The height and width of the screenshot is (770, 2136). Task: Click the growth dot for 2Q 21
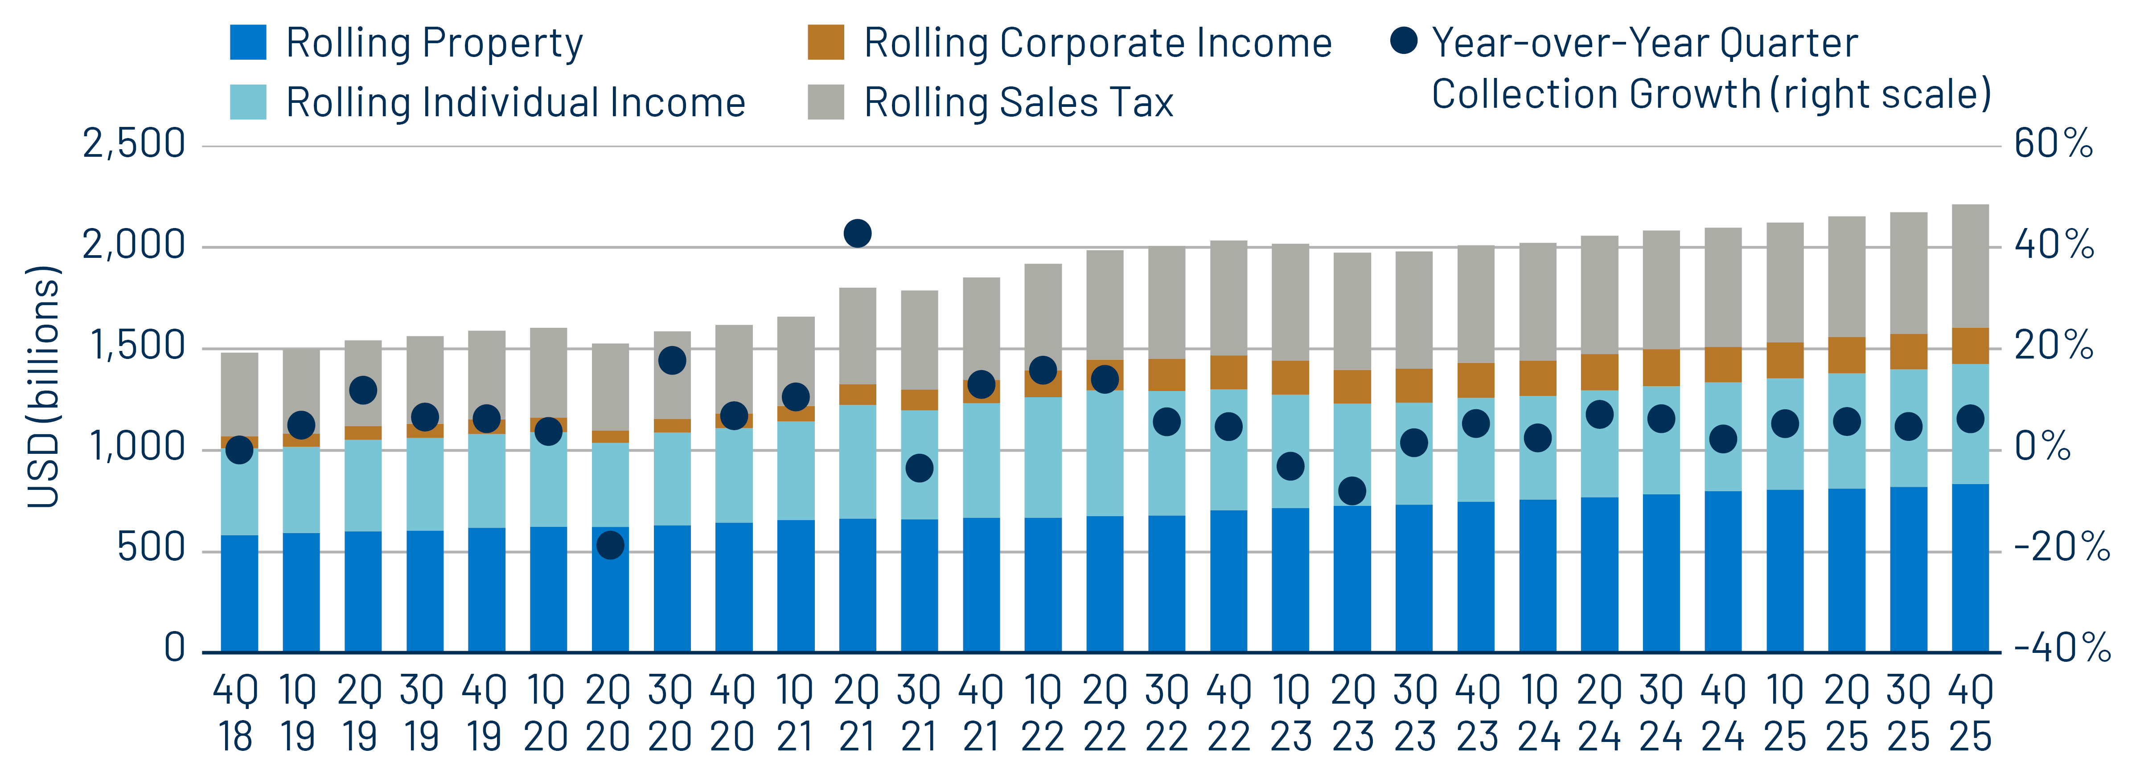pyautogui.click(x=857, y=234)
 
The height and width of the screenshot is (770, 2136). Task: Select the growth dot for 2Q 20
pyautogui.click(x=610, y=546)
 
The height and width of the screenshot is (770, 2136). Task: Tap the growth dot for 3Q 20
pyautogui.click(x=672, y=361)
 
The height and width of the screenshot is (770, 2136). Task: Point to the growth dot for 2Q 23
pyautogui.click(x=1351, y=491)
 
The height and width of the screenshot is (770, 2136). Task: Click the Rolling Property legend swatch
pyautogui.click(x=248, y=42)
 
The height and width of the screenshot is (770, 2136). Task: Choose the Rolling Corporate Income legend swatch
pyautogui.click(x=826, y=42)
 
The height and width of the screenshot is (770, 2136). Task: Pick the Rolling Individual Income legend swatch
pyautogui.click(x=248, y=102)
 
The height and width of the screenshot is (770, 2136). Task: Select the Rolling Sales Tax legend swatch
pyautogui.click(x=826, y=102)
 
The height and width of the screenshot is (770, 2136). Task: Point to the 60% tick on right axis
pyautogui.click(x=2053, y=144)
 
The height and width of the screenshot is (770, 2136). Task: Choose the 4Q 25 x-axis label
pyautogui.click(x=1970, y=713)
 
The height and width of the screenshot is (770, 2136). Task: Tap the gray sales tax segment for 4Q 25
pyautogui.click(x=1970, y=265)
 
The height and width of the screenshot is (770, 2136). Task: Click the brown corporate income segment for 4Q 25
pyautogui.click(x=1970, y=346)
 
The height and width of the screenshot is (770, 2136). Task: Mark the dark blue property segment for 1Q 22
pyautogui.click(x=1043, y=584)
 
